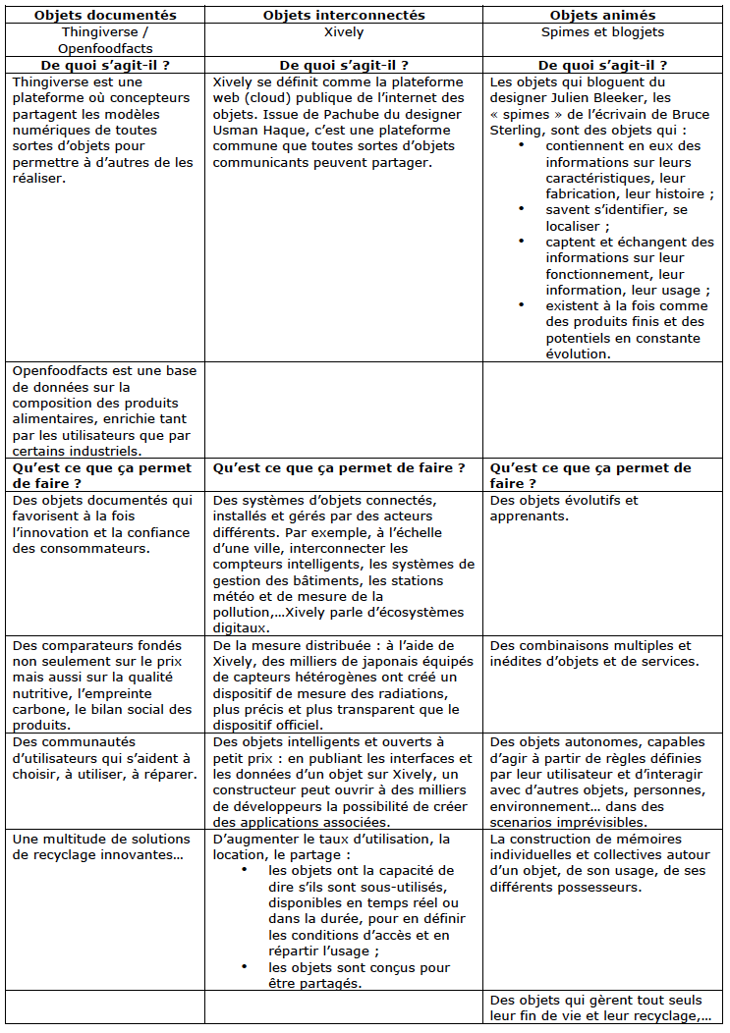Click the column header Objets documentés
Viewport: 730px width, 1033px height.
[x=105, y=15]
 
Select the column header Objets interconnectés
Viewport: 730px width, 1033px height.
[x=343, y=15]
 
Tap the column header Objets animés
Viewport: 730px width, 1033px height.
[x=603, y=15]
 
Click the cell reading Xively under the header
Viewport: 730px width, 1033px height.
[x=343, y=31]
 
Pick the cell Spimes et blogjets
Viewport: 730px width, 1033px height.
[x=603, y=31]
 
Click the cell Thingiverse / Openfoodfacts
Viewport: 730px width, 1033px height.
[x=105, y=39]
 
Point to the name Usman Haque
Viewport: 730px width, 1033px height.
[x=249, y=130]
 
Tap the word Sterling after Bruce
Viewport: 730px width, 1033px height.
[x=516, y=130]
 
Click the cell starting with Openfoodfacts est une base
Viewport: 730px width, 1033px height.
[x=103, y=410]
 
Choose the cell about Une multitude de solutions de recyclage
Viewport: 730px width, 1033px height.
[x=98, y=845]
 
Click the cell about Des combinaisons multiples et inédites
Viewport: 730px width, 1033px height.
[x=590, y=653]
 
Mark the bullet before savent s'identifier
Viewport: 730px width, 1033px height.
[x=521, y=209]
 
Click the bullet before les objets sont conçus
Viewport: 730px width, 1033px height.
[x=245, y=968]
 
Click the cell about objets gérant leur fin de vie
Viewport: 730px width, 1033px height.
[x=600, y=1007]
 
